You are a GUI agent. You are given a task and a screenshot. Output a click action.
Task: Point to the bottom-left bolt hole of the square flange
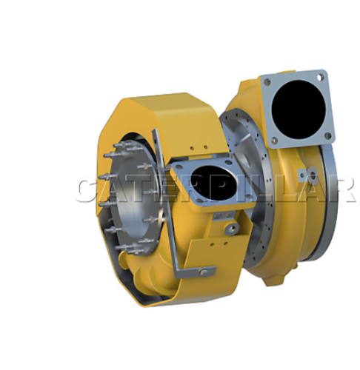(x=275, y=141)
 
